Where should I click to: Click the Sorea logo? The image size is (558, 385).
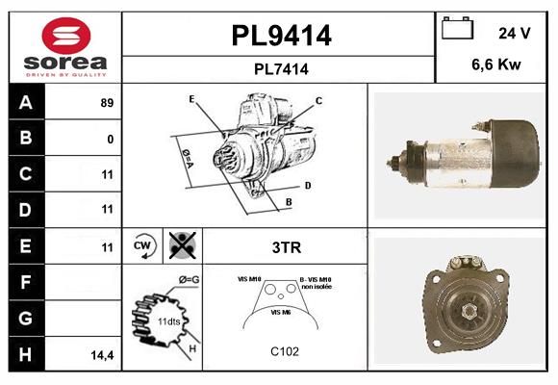[x=65, y=47]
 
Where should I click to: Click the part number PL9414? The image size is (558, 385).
[x=281, y=36]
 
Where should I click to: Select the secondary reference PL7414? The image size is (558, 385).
[x=281, y=68]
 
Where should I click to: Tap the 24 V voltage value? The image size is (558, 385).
[x=514, y=33]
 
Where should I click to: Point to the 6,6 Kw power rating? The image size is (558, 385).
[x=495, y=66]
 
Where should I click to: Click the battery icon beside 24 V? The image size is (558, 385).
[x=456, y=30]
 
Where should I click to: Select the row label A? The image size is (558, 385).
[x=26, y=103]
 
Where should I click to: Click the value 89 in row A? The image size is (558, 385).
[x=107, y=103]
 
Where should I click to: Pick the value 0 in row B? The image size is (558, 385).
[x=111, y=139]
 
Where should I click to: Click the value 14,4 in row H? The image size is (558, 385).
[x=103, y=354]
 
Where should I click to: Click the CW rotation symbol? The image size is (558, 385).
[x=143, y=245]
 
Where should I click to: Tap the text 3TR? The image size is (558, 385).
[x=286, y=246]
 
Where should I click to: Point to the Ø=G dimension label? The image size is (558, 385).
[x=189, y=279]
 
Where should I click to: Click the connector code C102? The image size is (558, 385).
[x=285, y=351]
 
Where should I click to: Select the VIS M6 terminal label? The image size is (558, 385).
[x=281, y=313]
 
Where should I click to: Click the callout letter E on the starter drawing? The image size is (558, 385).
[x=191, y=99]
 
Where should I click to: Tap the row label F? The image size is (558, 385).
[x=26, y=282]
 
